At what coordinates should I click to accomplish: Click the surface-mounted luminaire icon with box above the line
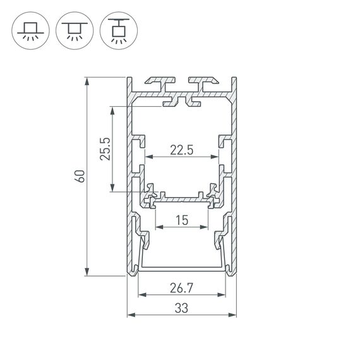point(29,30)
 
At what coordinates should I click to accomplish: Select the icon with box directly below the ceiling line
point(73,30)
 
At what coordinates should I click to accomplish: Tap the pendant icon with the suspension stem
point(116,30)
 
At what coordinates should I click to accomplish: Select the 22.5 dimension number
point(181,150)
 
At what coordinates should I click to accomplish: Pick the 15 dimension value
point(182,221)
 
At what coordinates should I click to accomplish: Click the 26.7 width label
point(182,289)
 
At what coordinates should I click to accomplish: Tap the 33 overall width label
point(182,309)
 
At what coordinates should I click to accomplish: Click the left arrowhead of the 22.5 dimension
point(148,157)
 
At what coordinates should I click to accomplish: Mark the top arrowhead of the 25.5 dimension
point(112,109)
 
